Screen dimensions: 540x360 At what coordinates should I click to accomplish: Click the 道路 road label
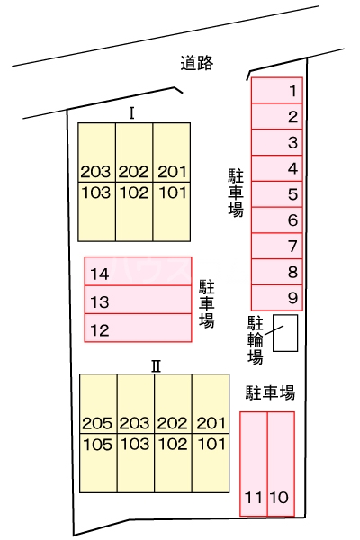pyautogui.click(x=196, y=63)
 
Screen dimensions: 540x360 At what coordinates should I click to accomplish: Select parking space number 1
pyautogui.click(x=277, y=90)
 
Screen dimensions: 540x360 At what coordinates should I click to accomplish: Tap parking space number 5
pyautogui.click(x=277, y=193)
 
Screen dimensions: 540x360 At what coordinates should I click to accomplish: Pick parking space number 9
pyautogui.click(x=277, y=297)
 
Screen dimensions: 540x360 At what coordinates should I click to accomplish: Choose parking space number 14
pyautogui.click(x=138, y=274)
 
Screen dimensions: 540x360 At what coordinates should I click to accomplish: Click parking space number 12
pyautogui.click(x=138, y=329)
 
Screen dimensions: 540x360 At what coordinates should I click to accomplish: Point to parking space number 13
pyautogui.click(x=138, y=301)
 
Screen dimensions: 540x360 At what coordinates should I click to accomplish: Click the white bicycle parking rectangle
pyautogui.click(x=285, y=332)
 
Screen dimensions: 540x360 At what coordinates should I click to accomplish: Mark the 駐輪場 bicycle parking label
pyautogui.click(x=256, y=339)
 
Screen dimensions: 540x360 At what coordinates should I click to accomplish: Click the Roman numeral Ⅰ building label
pyautogui.click(x=132, y=113)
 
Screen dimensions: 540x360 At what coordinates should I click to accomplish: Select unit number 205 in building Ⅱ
pyautogui.click(x=98, y=423)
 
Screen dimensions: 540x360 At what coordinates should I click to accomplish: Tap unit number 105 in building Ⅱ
pyautogui.click(x=98, y=443)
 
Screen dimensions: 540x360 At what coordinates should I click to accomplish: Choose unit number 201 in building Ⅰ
pyautogui.click(x=171, y=172)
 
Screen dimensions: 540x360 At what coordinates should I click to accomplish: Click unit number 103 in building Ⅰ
pyautogui.click(x=96, y=192)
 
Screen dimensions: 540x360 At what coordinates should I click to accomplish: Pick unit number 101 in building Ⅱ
pyautogui.click(x=211, y=443)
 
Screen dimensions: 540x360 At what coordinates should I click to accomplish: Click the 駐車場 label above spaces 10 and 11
pyautogui.click(x=270, y=392)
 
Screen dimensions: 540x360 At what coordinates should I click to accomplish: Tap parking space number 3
pyautogui.click(x=277, y=142)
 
